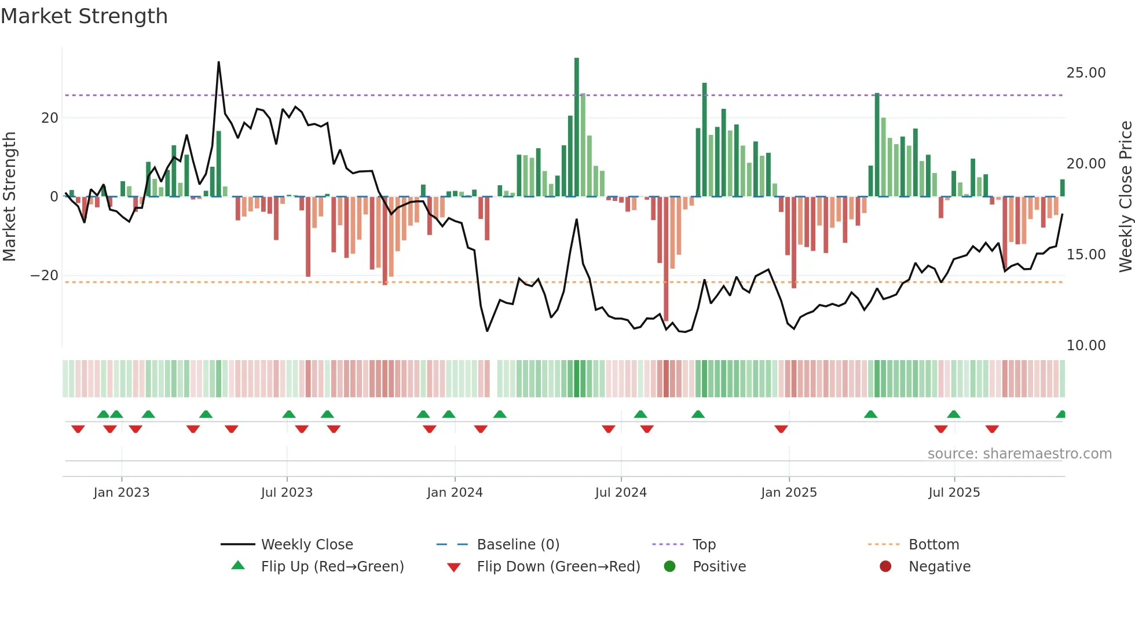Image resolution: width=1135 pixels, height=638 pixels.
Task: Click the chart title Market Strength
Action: tap(84, 16)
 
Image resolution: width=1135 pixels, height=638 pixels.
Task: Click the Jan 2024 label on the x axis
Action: tap(455, 493)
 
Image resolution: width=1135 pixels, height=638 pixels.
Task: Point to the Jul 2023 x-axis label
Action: tap(287, 493)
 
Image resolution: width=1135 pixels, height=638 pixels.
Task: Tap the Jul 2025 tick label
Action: tap(954, 493)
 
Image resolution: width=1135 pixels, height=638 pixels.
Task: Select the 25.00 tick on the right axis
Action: tap(1086, 73)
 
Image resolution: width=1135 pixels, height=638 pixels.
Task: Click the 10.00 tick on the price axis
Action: tap(1086, 346)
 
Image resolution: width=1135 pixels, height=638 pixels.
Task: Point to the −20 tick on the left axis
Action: tap(45, 276)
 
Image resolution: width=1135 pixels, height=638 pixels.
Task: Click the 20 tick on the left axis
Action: tap(50, 118)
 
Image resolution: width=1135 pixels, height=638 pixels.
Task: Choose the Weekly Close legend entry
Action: tap(306, 545)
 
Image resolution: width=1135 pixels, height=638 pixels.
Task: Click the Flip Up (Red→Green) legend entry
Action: tap(332, 567)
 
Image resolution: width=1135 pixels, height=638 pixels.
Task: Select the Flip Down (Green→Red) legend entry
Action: tap(558, 567)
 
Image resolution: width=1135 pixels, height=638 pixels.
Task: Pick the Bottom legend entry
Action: tap(933, 545)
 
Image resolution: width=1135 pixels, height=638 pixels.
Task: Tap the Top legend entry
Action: tap(704, 545)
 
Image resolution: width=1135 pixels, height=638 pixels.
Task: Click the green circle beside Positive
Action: tap(670, 567)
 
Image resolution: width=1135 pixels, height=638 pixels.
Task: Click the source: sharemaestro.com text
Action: tap(1019, 454)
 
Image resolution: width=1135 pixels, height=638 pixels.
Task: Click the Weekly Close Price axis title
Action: tap(1125, 196)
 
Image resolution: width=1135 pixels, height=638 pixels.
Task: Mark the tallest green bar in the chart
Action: tap(577, 127)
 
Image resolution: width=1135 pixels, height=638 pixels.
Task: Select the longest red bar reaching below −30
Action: tap(666, 259)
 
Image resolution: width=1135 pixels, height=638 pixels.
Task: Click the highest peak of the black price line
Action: tap(219, 63)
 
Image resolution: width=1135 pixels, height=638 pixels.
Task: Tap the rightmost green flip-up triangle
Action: tap(1061, 415)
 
